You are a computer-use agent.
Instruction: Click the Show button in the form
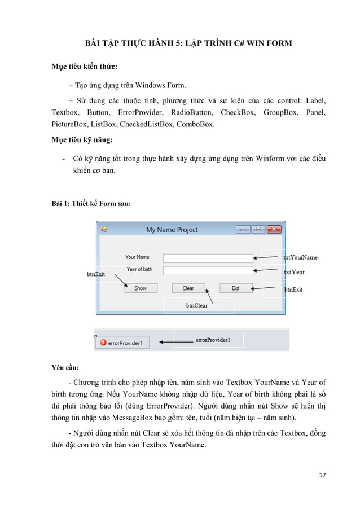pos(141,288)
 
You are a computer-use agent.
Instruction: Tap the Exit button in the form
pos(236,288)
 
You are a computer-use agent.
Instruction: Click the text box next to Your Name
pos(208,258)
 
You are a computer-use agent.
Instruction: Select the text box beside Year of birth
pos(208,271)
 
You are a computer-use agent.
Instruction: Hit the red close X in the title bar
pos(274,230)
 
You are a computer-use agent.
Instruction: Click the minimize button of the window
pos(244,230)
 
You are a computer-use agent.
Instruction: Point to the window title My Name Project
pos(172,230)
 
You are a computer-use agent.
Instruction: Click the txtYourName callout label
pos(300,257)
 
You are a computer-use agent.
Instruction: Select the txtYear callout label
pos(295,272)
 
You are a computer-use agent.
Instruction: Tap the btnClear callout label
pos(197,305)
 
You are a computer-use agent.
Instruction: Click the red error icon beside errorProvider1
pos(103,342)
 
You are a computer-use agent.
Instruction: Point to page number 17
pos(322,475)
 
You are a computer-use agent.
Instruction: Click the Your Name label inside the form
pos(137,257)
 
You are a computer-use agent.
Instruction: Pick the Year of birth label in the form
pos(139,269)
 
